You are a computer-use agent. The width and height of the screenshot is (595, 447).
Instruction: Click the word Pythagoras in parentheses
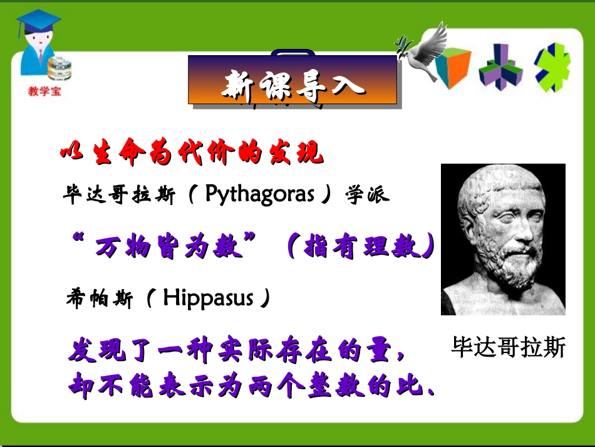pos(260,194)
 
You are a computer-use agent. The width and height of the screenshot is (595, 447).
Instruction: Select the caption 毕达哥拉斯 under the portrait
pos(508,347)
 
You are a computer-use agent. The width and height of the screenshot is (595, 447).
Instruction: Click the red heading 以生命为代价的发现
pos(192,154)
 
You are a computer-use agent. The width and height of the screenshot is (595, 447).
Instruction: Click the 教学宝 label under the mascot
pos(44,91)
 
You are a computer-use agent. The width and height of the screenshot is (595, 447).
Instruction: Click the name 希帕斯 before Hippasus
pos(99,298)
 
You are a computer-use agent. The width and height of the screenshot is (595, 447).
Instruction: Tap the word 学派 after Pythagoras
pos(368,195)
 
